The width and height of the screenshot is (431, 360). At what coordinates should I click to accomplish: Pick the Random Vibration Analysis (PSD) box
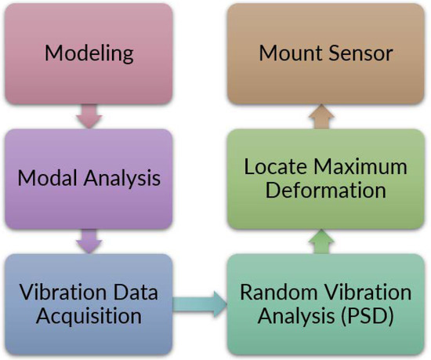pos(324,304)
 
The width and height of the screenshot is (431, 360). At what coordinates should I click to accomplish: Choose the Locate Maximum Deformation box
pos(324,179)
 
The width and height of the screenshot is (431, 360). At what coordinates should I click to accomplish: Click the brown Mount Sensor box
pos(324,54)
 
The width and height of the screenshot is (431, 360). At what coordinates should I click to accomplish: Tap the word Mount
pos(291,54)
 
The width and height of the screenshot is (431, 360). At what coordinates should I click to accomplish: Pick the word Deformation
pos(324,191)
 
